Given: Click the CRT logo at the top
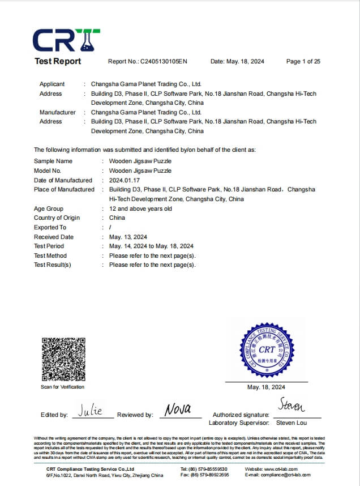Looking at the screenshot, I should pyautogui.click(x=66, y=40).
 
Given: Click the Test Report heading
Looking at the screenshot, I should pyautogui.click(x=58, y=61).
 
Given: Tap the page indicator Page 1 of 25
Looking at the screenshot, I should pyautogui.click(x=303, y=61).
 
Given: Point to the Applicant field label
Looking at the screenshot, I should pyautogui.click(x=52, y=84).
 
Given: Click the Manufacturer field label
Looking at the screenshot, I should pyautogui.click(x=57, y=112).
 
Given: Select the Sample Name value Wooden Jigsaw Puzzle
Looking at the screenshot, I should pyautogui.click(x=140, y=161).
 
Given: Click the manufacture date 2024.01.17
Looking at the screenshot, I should pyautogui.click(x=125, y=180).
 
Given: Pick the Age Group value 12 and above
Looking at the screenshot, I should pyautogui.click(x=140, y=208).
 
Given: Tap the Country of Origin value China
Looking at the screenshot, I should pyautogui.click(x=117, y=218).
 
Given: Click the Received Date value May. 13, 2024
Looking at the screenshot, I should pyautogui.click(x=128, y=237).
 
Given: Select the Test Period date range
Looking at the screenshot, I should pyautogui.click(x=151, y=246).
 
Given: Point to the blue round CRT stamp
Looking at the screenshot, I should pyautogui.click(x=266, y=349).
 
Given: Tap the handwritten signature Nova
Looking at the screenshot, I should pyautogui.click(x=178, y=409).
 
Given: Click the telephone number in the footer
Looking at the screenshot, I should pyautogui.click(x=204, y=469).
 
